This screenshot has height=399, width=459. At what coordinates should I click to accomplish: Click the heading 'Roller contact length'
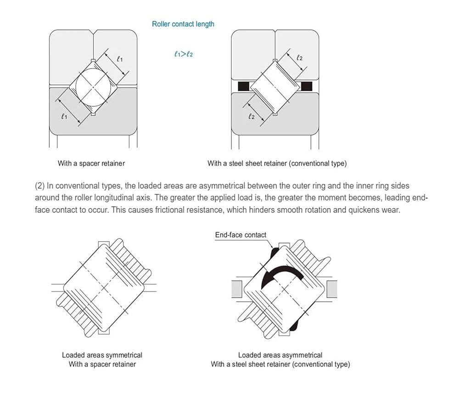(x=183, y=24)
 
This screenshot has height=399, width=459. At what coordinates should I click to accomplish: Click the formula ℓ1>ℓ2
(x=183, y=54)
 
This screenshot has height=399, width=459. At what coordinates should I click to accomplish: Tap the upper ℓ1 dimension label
(x=120, y=59)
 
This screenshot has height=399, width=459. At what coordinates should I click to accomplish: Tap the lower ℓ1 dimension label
(x=64, y=117)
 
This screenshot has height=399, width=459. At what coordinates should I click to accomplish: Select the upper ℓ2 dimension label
(x=299, y=58)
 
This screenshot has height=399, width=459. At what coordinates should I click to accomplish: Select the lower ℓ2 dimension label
(x=251, y=117)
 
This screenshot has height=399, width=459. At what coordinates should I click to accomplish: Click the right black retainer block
(x=306, y=85)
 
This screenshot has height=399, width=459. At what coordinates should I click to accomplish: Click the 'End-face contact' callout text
(x=241, y=235)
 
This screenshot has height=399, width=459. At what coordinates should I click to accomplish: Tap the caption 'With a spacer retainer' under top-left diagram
(x=91, y=163)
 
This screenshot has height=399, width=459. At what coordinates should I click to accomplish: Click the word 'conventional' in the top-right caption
(x=309, y=163)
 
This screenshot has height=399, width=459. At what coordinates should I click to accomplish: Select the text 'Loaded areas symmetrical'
(x=102, y=355)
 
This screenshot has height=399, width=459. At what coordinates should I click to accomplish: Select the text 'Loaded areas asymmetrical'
(x=280, y=355)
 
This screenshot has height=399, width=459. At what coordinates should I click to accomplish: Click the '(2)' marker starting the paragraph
(x=40, y=186)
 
